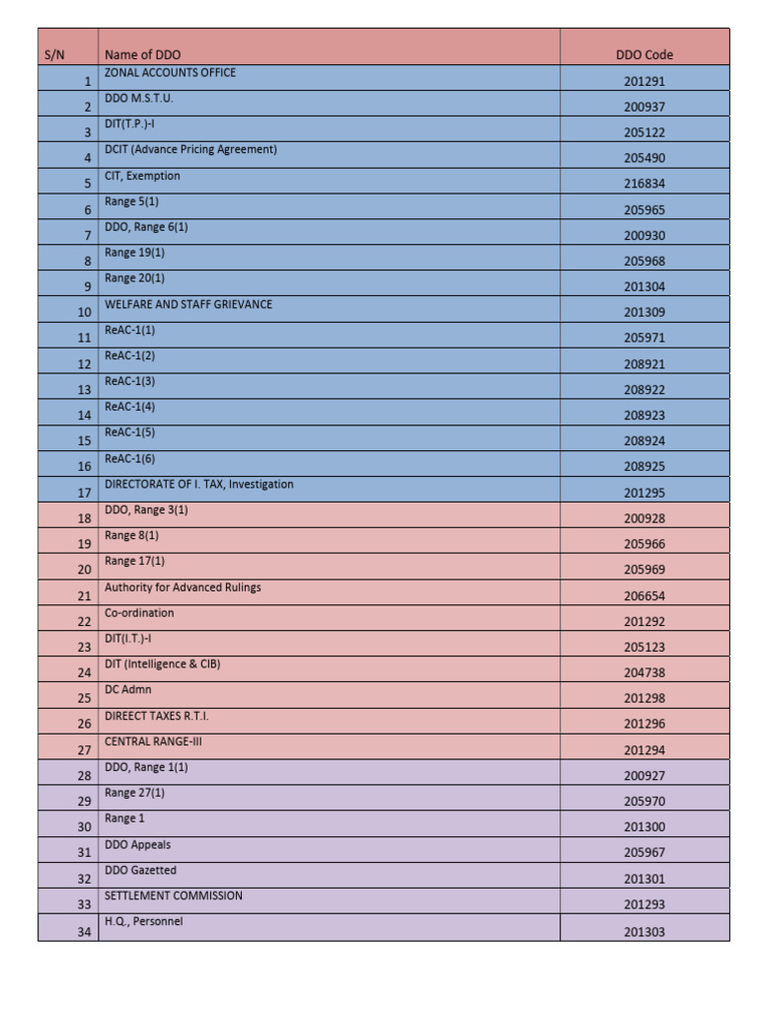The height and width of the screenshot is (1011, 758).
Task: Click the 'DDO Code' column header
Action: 644,54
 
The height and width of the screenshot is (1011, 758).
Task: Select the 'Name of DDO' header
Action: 143,54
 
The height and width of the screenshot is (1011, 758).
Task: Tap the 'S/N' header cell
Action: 54,54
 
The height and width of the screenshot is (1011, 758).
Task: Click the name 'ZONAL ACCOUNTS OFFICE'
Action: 171,72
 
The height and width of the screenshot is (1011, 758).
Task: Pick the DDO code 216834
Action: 644,184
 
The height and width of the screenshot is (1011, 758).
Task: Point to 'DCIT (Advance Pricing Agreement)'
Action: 190,149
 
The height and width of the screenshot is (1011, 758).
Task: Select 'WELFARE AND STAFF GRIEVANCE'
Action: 189,304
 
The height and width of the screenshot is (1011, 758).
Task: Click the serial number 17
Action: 84,492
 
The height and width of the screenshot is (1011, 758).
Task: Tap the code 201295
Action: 644,492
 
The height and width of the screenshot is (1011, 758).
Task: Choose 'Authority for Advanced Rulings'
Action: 183,587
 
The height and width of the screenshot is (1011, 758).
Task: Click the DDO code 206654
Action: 644,595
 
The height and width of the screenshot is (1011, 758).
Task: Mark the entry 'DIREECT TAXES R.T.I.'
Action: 157,716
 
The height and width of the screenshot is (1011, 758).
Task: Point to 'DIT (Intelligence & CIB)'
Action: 163,664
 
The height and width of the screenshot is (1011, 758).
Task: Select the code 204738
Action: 644,672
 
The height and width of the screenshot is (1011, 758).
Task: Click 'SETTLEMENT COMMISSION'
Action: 174,895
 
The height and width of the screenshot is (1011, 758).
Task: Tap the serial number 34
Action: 84,930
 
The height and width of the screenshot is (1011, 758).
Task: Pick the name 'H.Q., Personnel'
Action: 144,921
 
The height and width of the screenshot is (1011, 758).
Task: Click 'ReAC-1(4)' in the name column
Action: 130,407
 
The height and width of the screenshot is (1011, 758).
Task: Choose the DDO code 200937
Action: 644,107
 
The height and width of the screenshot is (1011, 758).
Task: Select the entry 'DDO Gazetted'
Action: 141,870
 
